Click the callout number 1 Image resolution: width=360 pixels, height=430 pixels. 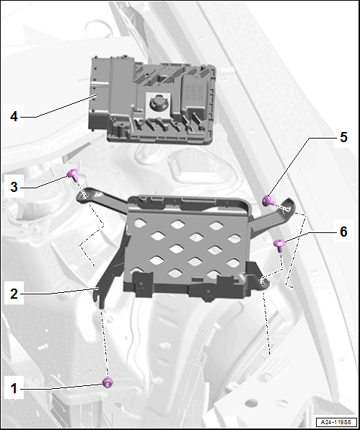(x=14, y=388)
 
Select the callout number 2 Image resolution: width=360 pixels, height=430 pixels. (x=14, y=294)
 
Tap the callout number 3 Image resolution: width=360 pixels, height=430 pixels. (x=14, y=187)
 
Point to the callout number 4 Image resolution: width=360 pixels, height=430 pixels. (x=14, y=116)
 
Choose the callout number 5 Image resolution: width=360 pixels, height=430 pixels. (x=343, y=137)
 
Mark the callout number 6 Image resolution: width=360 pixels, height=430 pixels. (x=343, y=232)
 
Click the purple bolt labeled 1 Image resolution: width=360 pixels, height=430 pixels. (x=107, y=382)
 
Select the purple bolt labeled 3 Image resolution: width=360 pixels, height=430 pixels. (x=73, y=175)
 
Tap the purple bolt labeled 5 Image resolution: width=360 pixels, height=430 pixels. (x=268, y=201)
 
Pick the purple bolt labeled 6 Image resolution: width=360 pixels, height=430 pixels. (x=279, y=245)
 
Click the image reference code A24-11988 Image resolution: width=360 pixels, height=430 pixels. (x=336, y=422)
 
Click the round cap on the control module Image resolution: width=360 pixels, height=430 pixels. (x=156, y=103)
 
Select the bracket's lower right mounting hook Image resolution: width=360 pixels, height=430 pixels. (x=263, y=283)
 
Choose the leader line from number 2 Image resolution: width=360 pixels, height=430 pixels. (x=59, y=291)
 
